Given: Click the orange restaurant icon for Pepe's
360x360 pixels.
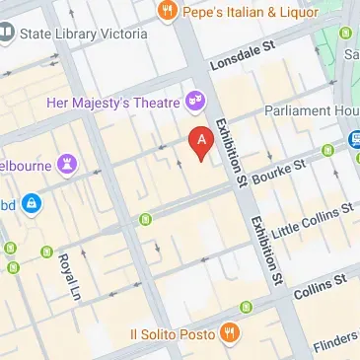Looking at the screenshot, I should pos(166,12).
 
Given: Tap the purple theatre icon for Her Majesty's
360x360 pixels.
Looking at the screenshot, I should pos(197,101).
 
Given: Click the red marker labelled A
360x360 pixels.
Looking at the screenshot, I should pos(202,144).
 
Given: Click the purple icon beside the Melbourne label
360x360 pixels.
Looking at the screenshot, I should pos(68,161).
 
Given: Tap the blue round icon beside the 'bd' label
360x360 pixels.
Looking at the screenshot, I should pos(33,203).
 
